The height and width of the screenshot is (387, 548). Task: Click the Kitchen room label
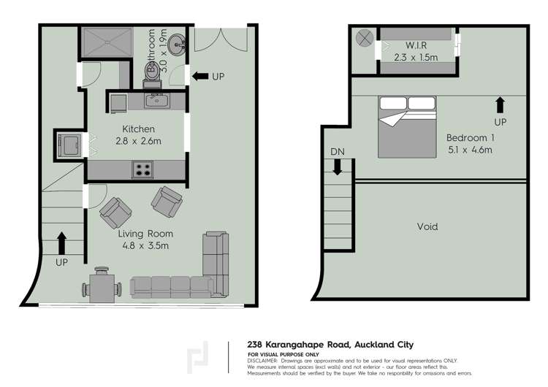(138, 129)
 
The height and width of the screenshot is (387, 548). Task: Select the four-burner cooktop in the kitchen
(142, 170)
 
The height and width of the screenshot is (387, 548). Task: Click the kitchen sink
(156, 100)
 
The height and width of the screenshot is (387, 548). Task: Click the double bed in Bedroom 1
(407, 126)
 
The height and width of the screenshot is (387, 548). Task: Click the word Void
(427, 226)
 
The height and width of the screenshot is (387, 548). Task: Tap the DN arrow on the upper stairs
(338, 166)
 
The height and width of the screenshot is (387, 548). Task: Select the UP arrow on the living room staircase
(61, 239)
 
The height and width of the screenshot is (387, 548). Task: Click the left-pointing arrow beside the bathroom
(199, 76)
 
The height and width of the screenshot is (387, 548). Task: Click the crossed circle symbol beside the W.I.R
(364, 38)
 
